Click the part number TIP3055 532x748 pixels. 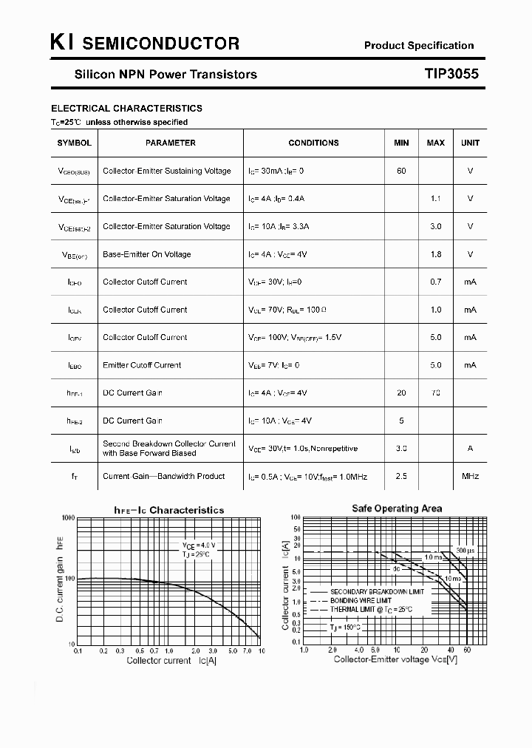click(451, 74)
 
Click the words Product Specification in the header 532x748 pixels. click(419, 45)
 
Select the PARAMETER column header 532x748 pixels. click(171, 143)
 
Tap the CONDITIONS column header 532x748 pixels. click(313, 143)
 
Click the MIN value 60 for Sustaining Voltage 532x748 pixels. click(401, 171)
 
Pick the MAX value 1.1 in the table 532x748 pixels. click(436, 199)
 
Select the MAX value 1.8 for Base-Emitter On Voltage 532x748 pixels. click(436, 254)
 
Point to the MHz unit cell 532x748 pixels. click(470, 476)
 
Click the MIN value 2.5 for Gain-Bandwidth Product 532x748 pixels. click(401, 476)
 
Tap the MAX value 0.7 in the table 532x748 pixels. click(436, 282)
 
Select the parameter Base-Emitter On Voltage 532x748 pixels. click(146, 254)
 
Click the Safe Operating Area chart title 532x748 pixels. click(397, 509)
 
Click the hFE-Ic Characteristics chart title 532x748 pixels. click(168, 510)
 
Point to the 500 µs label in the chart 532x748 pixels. click(465, 551)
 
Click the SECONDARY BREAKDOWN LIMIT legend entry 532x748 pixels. click(377, 592)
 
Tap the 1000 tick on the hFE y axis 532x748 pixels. click(67, 519)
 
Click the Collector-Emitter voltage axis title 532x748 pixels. click(395, 659)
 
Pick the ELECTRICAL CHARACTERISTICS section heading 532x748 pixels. click(126, 108)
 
